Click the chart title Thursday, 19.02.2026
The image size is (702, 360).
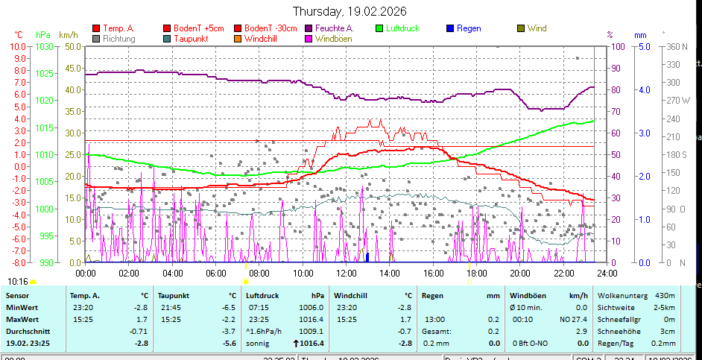tap(349, 11)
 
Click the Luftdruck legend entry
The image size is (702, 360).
tap(402, 28)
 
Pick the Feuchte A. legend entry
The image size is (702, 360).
tap(334, 28)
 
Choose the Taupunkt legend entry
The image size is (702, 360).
tap(190, 38)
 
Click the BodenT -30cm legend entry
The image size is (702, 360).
tap(271, 28)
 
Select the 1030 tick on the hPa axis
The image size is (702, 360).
tap(44, 46)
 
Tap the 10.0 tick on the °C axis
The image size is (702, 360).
tap(18, 46)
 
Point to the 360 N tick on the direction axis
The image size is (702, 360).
tap(675, 46)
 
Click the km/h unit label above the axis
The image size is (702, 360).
tap(68, 35)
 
